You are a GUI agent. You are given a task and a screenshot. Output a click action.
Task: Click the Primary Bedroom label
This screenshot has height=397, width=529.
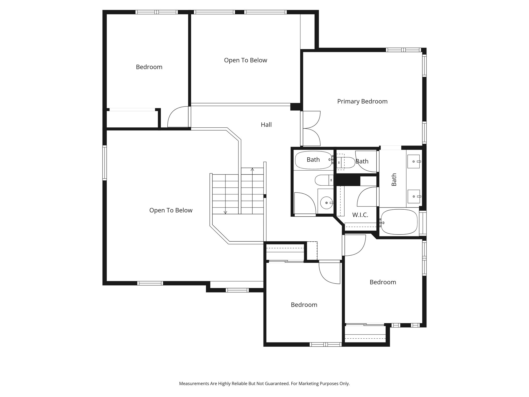pyautogui.click(x=362, y=101)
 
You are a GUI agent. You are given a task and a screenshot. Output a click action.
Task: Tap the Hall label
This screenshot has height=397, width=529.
pyautogui.click(x=266, y=125)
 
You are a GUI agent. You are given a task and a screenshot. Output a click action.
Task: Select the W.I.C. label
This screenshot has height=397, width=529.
pyautogui.click(x=360, y=215)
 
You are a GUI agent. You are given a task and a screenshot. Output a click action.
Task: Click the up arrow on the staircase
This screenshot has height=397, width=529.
pyautogui.click(x=252, y=170)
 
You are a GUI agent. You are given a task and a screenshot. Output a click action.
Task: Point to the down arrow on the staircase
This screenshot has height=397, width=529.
pyautogui.click(x=225, y=212)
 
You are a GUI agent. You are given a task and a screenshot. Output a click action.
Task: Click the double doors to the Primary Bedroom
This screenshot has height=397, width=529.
pyautogui.click(x=311, y=128)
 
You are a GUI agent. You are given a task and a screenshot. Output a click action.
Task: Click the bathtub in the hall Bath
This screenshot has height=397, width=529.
pyautogui.click(x=313, y=160)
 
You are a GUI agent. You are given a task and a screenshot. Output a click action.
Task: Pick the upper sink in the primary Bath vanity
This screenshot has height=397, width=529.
pyautogui.click(x=414, y=161)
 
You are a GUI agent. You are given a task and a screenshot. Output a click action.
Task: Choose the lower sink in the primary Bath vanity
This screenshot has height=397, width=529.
pyautogui.click(x=414, y=196)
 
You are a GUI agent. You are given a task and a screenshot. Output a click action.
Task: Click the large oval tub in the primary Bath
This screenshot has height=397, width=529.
pyautogui.click(x=399, y=222)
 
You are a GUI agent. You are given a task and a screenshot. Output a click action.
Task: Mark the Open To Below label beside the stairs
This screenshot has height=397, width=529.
pyautogui.click(x=171, y=210)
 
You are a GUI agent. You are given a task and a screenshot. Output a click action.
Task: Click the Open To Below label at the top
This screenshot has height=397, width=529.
pyautogui.click(x=245, y=60)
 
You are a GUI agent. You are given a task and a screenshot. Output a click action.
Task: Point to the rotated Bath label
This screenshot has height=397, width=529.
pyautogui.click(x=394, y=179)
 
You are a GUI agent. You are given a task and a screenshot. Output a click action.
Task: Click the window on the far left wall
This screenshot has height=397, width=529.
pyautogui.click(x=105, y=163)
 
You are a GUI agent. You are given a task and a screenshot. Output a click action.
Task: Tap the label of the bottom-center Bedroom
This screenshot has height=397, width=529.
pyautogui.click(x=304, y=305)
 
